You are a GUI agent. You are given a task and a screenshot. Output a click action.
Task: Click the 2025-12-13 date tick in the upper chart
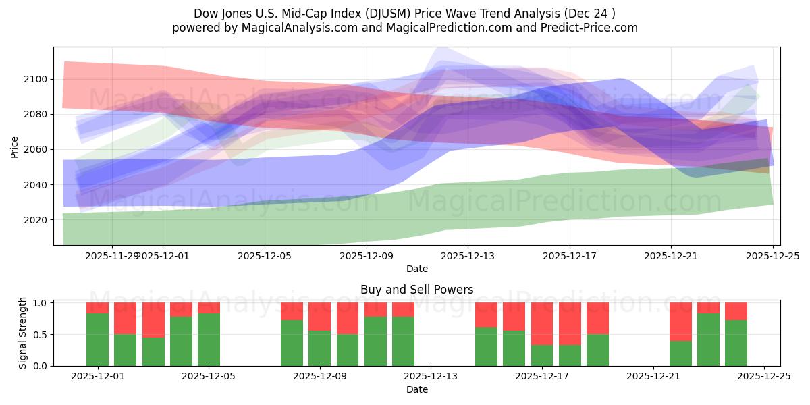[468, 256]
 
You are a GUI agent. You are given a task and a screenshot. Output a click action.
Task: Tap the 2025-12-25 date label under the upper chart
[772, 256]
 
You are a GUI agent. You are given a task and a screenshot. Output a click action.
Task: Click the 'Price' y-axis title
[15, 146]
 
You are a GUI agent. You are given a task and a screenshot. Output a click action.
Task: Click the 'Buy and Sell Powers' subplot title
[416, 290]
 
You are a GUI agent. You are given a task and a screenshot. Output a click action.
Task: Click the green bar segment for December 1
[97, 340]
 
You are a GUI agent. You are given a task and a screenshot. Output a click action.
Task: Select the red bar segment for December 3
[153, 319]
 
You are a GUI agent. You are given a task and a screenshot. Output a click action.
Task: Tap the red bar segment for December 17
[542, 323]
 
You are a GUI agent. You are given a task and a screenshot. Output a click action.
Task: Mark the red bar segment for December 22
[680, 321]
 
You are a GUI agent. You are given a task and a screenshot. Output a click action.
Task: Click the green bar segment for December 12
[403, 341]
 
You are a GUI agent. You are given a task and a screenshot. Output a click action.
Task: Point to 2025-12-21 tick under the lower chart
[653, 377]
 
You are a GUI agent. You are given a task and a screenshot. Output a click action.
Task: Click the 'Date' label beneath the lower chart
[416, 389]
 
